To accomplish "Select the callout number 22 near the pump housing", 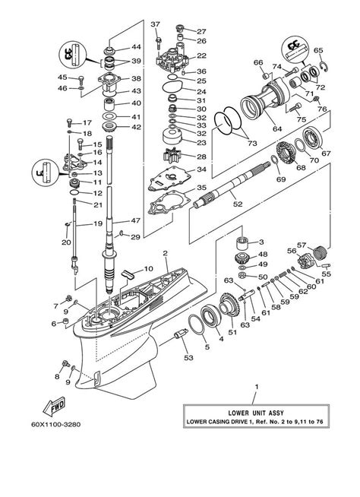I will pos(201,55).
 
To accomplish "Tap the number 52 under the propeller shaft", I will pos(237,203).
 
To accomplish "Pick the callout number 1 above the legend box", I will pos(256,387).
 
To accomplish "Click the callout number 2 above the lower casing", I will pos(165,253).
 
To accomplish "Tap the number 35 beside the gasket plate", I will pos(201,186).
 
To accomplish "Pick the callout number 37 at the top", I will pos(156,24).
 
